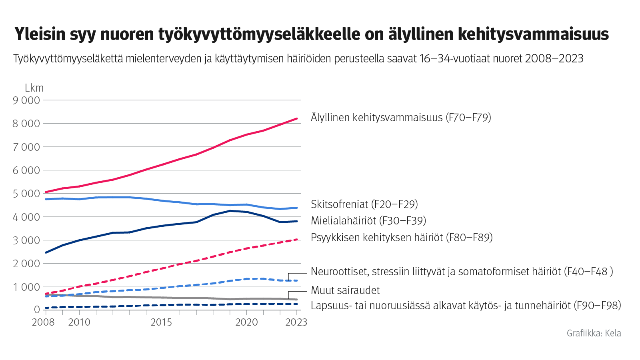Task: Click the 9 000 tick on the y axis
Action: pos(26,100)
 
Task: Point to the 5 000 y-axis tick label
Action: pos(26,194)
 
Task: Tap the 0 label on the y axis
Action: pos(37,310)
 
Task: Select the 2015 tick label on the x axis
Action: pos(161,322)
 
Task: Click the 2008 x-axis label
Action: pos(43,322)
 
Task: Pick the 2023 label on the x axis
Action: pos(296,322)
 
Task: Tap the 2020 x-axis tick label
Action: pos(246,322)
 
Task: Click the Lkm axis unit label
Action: pos(34,88)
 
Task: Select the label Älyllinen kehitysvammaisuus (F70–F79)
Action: pos(401,118)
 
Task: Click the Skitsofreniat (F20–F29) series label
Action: pos(364,204)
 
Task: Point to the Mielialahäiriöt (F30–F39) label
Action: pos(368,221)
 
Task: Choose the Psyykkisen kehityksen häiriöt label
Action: pos(402,238)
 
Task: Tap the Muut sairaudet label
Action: pos(345,290)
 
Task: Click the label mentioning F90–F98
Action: pos(466,306)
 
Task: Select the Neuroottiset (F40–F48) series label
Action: pos(462,272)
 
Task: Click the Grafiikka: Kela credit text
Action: pos(594,334)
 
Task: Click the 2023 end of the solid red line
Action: pos(297,118)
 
